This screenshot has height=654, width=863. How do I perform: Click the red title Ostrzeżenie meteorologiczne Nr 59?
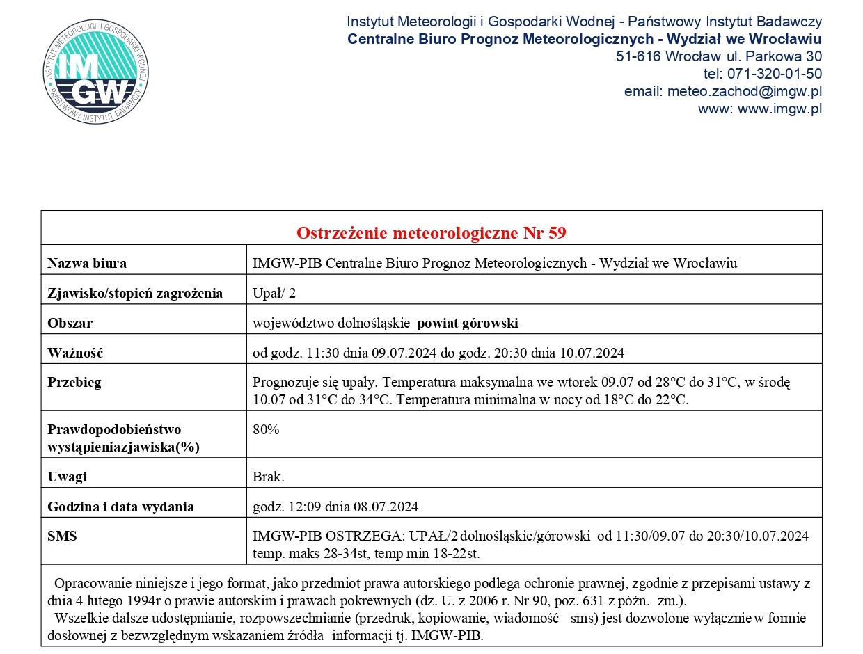click(x=431, y=232)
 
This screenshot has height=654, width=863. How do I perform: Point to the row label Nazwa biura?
click(x=87, y=263)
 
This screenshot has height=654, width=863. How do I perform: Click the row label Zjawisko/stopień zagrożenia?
click(x=135, y=293)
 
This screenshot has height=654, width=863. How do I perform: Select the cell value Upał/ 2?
click(x=274, y=293)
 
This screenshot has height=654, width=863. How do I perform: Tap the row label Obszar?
click(x=70, y=323)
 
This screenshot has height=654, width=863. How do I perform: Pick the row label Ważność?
click(x=75, y=353)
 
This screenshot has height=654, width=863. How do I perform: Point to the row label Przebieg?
click(x=74, y=382)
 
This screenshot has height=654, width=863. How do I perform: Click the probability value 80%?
click(x=266, y=429)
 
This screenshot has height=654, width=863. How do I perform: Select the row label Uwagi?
click(x=67, y=477)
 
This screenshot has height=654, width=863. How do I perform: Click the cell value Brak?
click(x=269, y=477)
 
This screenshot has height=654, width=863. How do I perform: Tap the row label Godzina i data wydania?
click(x=120, y=507)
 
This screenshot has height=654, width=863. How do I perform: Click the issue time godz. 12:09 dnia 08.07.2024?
click(x=335, y=507)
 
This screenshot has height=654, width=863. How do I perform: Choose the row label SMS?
click(x=62, y=536)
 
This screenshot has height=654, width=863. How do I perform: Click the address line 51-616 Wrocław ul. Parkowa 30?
click(x=719, y=56)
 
